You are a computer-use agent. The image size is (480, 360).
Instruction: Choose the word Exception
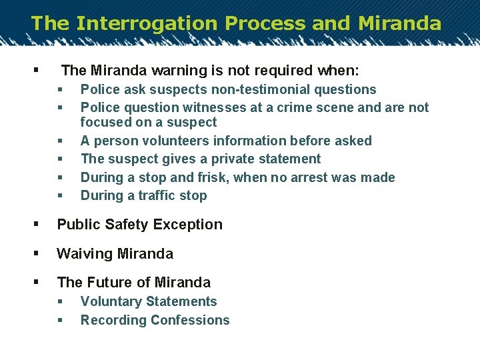[x=188, y=225]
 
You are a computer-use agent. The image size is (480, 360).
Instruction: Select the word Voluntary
[x=111, y=302]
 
